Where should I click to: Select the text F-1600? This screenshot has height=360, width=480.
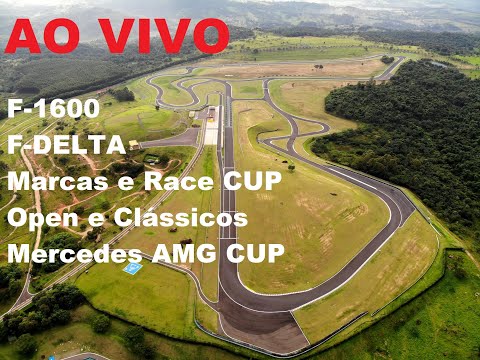pos(53,109)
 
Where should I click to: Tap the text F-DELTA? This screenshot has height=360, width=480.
pos(66,145)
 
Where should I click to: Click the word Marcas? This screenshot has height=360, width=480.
pos(52,181)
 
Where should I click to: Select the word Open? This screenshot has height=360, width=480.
pos(39,217)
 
